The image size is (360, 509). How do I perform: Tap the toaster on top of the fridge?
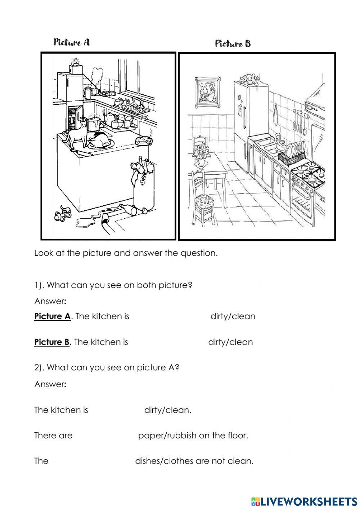(x=76, y=67)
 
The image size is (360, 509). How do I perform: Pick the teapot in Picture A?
(x=109, y=117)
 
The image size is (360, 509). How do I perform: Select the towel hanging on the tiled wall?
(x=275, y=115)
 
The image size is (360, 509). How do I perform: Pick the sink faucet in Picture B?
(x=278, y=138)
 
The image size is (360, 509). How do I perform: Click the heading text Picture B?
(x=233, y=44)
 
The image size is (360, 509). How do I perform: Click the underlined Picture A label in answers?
(x=53, y=316)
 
